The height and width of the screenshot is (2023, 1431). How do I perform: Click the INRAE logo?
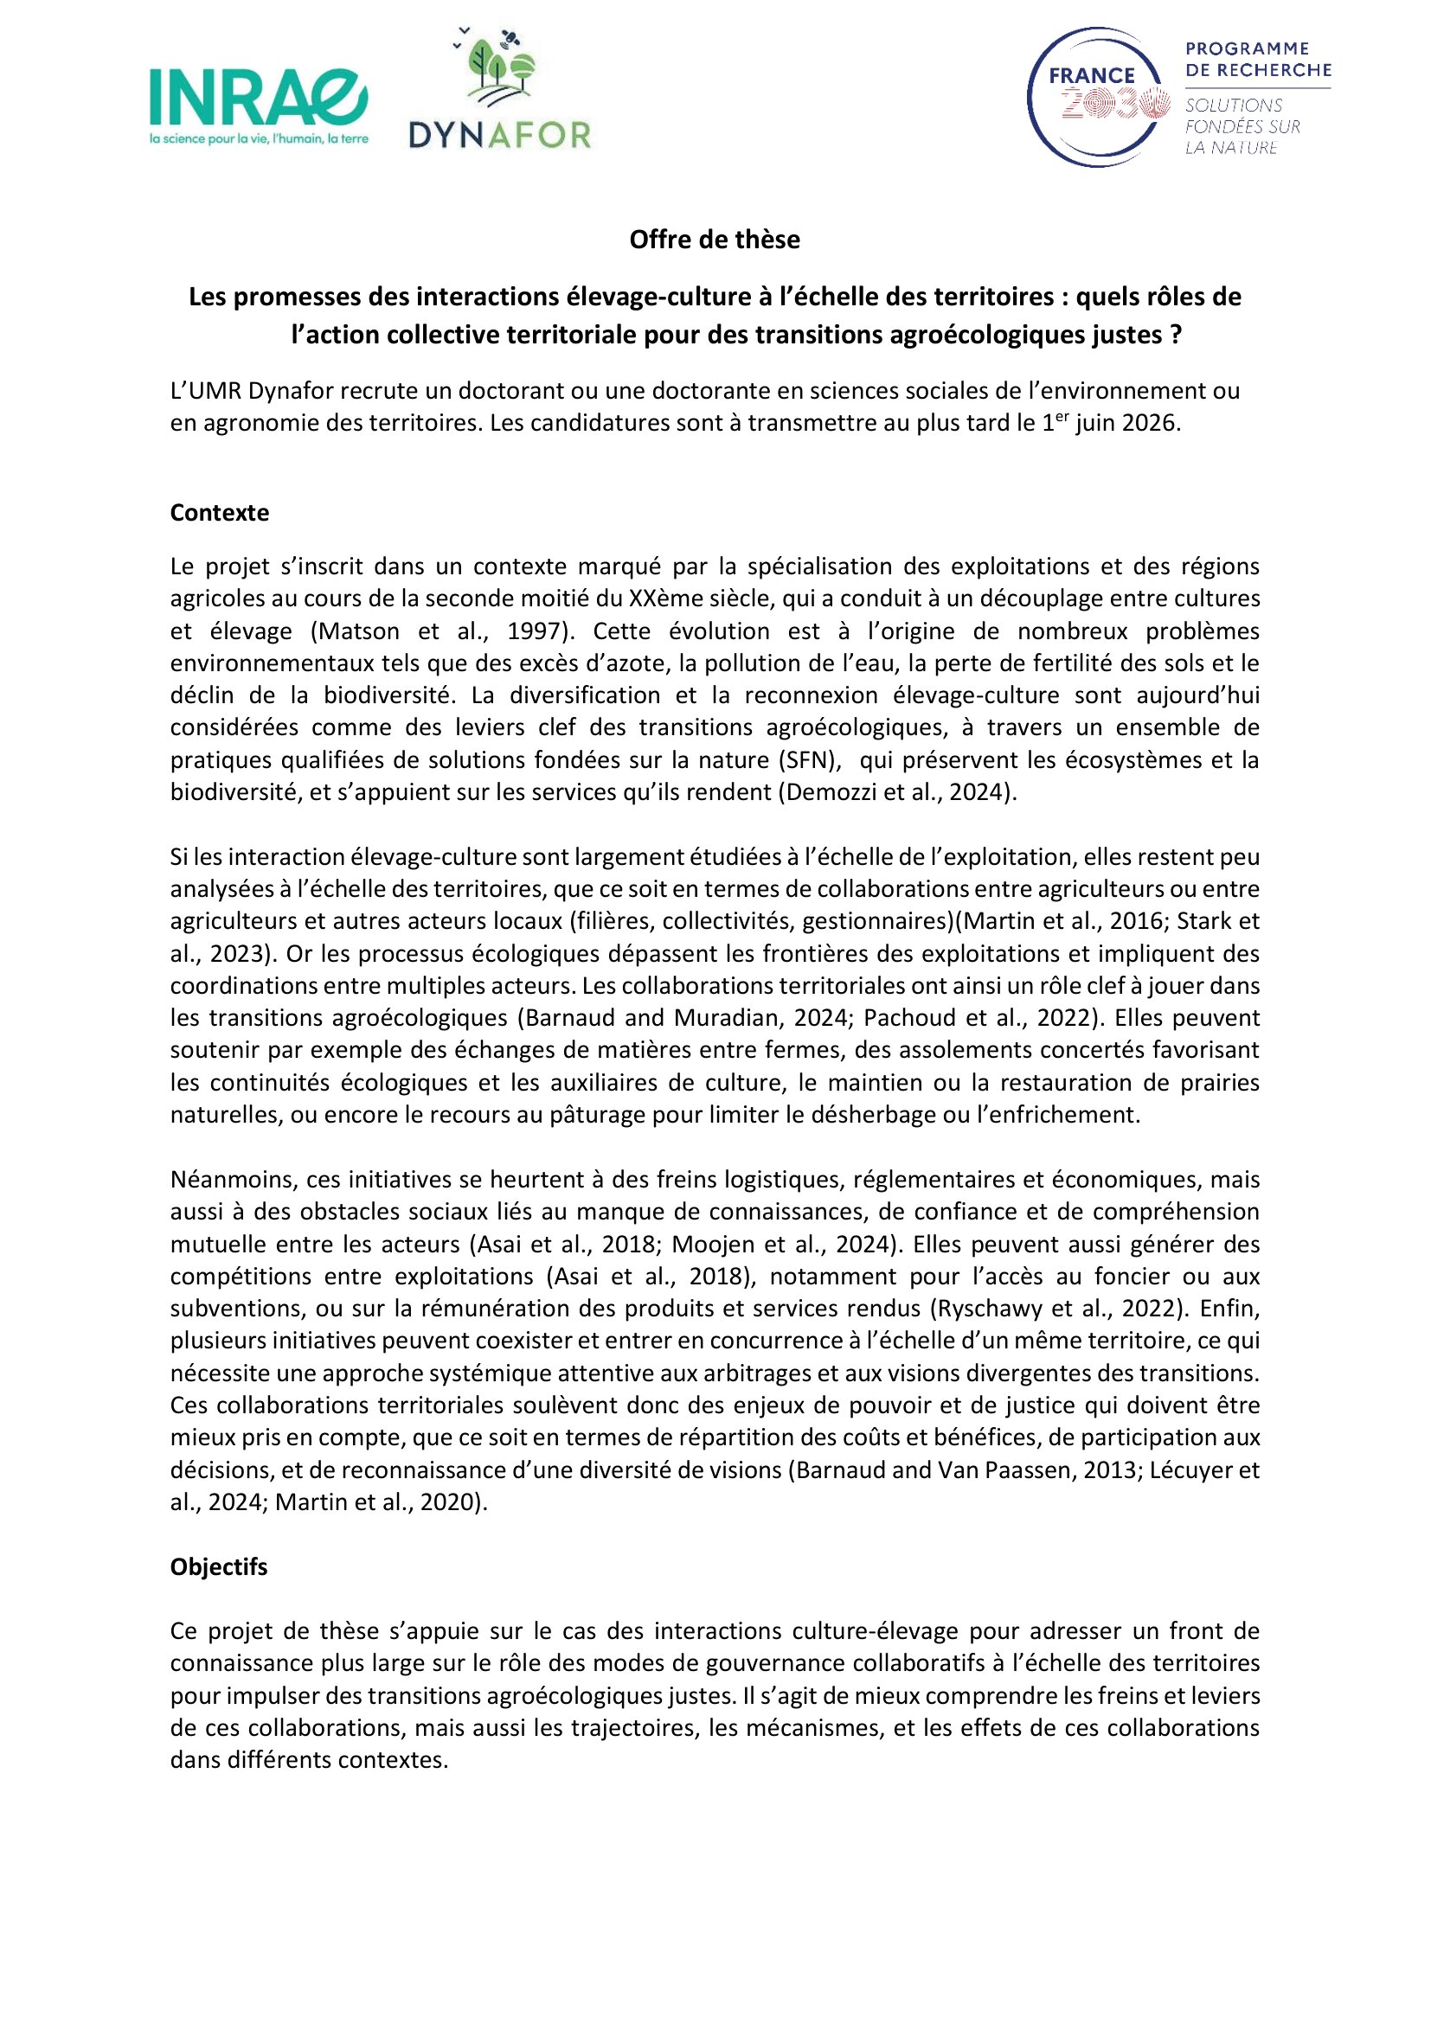click(x=258, y=98)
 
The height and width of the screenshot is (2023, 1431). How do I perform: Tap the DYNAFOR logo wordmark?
click(x=499, y=135)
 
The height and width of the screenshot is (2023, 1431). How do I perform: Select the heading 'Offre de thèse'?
click(x=715, y=240)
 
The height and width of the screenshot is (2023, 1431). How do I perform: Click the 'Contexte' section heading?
click(x=220, y=513)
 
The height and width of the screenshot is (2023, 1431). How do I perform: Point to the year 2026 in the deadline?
click(x=1149, y=423)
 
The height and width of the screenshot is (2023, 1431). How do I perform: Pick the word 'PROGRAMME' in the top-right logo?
click(x=1247, y=48)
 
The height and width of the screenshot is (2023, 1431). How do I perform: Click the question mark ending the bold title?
click(x=1177, y=336)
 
